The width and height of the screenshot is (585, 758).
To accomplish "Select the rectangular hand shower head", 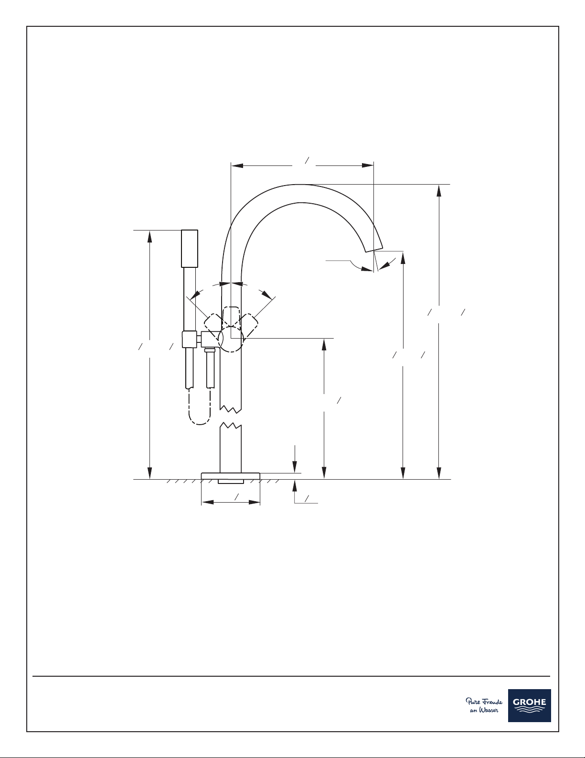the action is [x=190, y=249].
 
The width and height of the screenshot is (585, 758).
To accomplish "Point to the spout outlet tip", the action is [x=373, y=249].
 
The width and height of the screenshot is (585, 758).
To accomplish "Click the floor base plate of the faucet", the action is [x=231, y=476].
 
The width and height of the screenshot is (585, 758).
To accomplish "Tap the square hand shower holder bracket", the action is [x=190, y=340].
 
